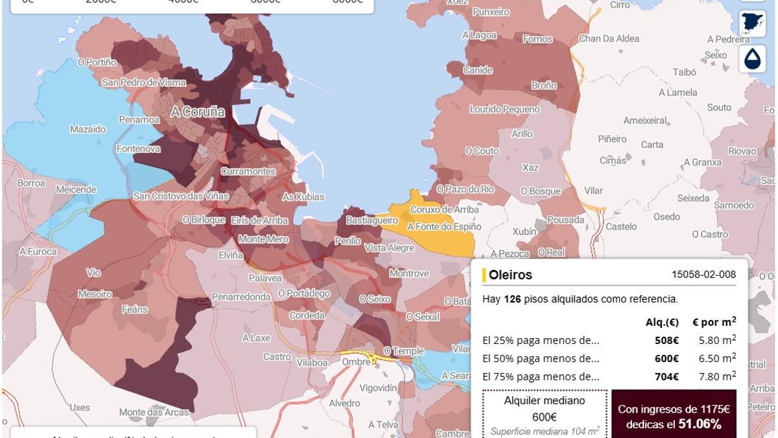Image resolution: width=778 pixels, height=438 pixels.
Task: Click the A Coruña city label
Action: [x=198, y=112]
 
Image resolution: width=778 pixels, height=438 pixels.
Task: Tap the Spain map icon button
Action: [x=752, y=24]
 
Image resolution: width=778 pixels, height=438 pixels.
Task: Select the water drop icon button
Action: [x=752, y=59]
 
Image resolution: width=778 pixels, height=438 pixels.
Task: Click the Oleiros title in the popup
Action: [x=510, y=274]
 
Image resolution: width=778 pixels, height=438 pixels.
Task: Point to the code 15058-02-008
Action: [x=703, y=274]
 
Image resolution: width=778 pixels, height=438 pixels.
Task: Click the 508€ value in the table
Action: [x=666, y=340]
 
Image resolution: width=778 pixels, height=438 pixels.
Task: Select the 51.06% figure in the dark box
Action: [x=700, y=424]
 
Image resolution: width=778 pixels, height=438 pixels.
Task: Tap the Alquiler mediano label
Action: [x=545, y=400]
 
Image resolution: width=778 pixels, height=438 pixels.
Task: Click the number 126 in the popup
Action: [x=513, y=299]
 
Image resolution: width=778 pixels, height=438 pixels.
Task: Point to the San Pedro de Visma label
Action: [x=143, y=82]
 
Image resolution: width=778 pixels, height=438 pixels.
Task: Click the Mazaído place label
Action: [x=88, y=129]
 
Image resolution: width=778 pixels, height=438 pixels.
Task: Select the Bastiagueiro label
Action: [x=371, y=221]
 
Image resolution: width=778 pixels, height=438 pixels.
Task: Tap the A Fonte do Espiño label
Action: [x=444, y=227]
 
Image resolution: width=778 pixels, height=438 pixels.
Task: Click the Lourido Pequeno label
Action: [x=504, y=110]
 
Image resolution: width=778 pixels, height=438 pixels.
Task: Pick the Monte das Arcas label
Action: [x=154, y=412]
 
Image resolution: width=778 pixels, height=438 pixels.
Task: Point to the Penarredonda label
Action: [x=241, y=297]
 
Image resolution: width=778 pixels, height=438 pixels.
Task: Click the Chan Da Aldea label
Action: [x=609, y=39]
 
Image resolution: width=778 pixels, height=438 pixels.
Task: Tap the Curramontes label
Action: [x=248, y=171]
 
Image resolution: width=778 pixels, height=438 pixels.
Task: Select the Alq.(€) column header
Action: [x=662, y=322]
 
